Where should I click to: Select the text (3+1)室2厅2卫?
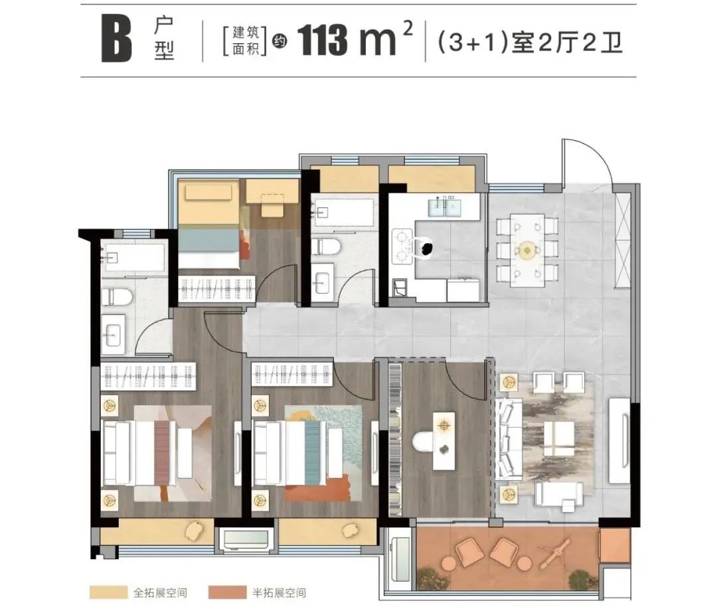coord(530,43)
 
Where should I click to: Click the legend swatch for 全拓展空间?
coord(108,592)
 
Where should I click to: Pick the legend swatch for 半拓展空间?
coord(227,592)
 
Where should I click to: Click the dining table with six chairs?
coord(527,250)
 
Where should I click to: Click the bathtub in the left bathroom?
coord(133,258)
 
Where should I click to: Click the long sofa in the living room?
coord(509,438)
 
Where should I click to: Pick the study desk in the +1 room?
coord(444,441)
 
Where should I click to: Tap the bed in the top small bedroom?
coord(209,224)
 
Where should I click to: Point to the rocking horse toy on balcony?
coord(554,551)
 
